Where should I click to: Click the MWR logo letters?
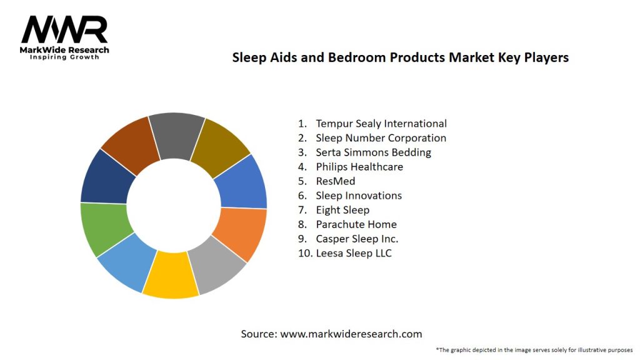[x=64, y=29]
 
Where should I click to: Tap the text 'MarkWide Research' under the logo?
[x=65, y=50]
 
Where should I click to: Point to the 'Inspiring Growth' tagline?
[x=65, y=57]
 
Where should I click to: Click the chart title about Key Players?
[x=400, y=57]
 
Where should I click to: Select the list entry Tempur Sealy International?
[x=381, y=124]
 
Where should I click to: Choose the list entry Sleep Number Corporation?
[x=381, y=138]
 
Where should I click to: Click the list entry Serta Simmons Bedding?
[x=373, y=152]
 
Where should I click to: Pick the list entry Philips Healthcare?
[x=359, y=167]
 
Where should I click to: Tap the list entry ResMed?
[x=335, y=181]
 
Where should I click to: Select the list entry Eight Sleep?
[x=342, y=210]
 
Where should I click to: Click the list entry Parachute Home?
[x=356, y=224]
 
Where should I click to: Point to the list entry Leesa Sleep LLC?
[x=353, y=253]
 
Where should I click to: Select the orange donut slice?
[x=241, y=233]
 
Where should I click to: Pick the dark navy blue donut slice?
[x=107, y=178]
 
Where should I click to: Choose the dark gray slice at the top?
[x=176, y=134]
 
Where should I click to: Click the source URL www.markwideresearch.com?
[x=351, y=334]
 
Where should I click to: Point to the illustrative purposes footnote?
[x=534, y=350]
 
